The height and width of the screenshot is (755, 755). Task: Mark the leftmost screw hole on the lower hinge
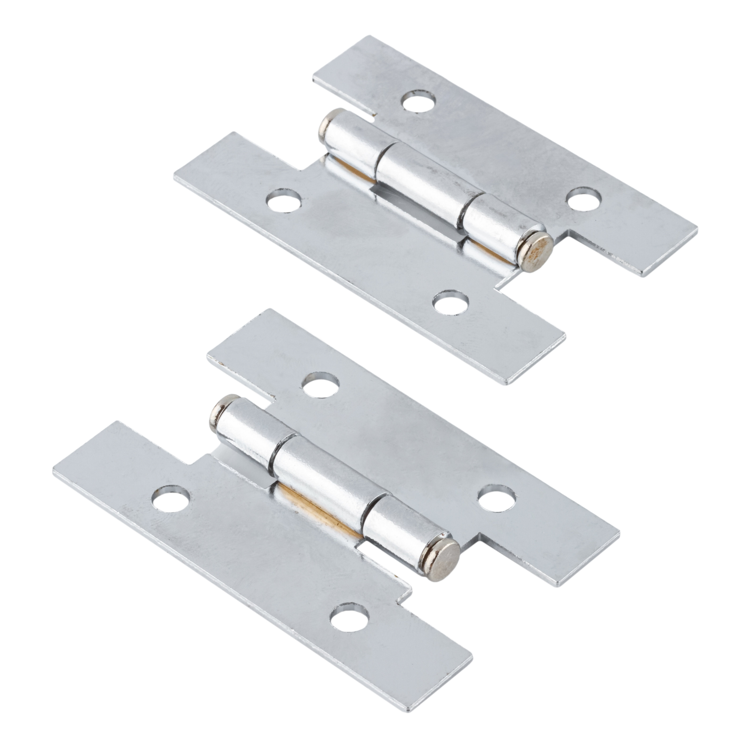click(171, 499)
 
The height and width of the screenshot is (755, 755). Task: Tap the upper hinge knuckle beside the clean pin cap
click(356, 144)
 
